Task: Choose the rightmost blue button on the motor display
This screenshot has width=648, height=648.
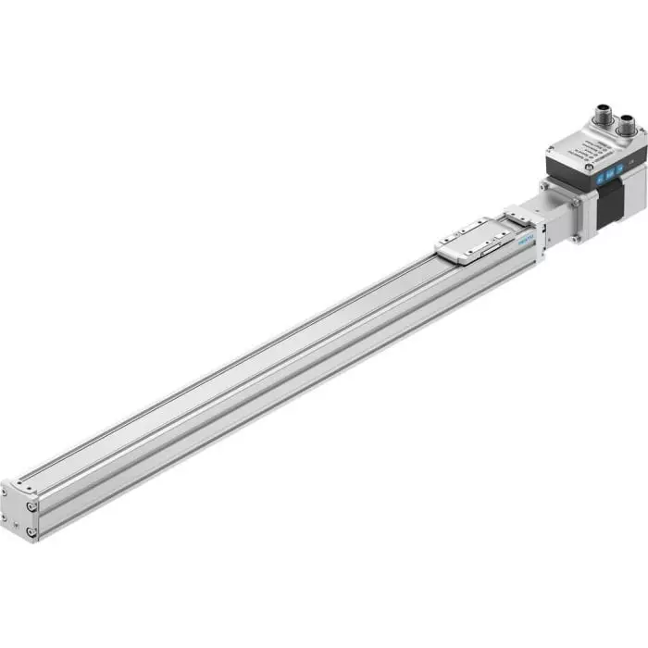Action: (x=601, y=169)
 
